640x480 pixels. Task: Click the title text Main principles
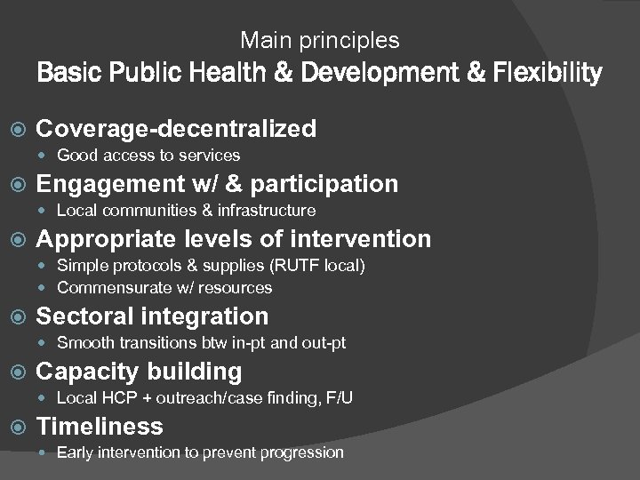[x=320, y=41]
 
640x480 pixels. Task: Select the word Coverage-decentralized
[x=176, y=129]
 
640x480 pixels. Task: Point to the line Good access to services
[x=148, y=156]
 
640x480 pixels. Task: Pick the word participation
[x=324, y=184]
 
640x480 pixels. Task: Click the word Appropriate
[x=107, y=239]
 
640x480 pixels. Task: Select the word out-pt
[x=324, y=343]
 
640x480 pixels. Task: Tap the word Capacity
[x=88, y=372]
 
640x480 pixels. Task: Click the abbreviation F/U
[x=337, y=398]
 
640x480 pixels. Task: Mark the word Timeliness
[x=100, y=427]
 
